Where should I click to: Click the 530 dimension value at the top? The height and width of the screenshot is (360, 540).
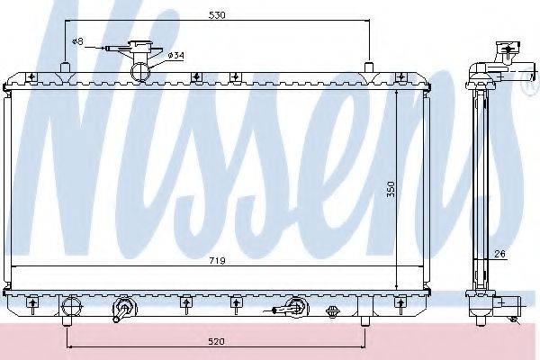coord(216,15)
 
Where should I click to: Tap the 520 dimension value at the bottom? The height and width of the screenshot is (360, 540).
coord(216,342)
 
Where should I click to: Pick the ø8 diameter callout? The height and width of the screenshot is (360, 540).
coord(77,42)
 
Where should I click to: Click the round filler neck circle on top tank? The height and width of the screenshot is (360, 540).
coord(140,71)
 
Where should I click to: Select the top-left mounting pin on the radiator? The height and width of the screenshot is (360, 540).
coord(66,67)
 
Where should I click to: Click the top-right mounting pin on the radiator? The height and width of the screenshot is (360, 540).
coord(369,67)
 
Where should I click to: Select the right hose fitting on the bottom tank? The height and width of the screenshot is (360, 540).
coord(294,310)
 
